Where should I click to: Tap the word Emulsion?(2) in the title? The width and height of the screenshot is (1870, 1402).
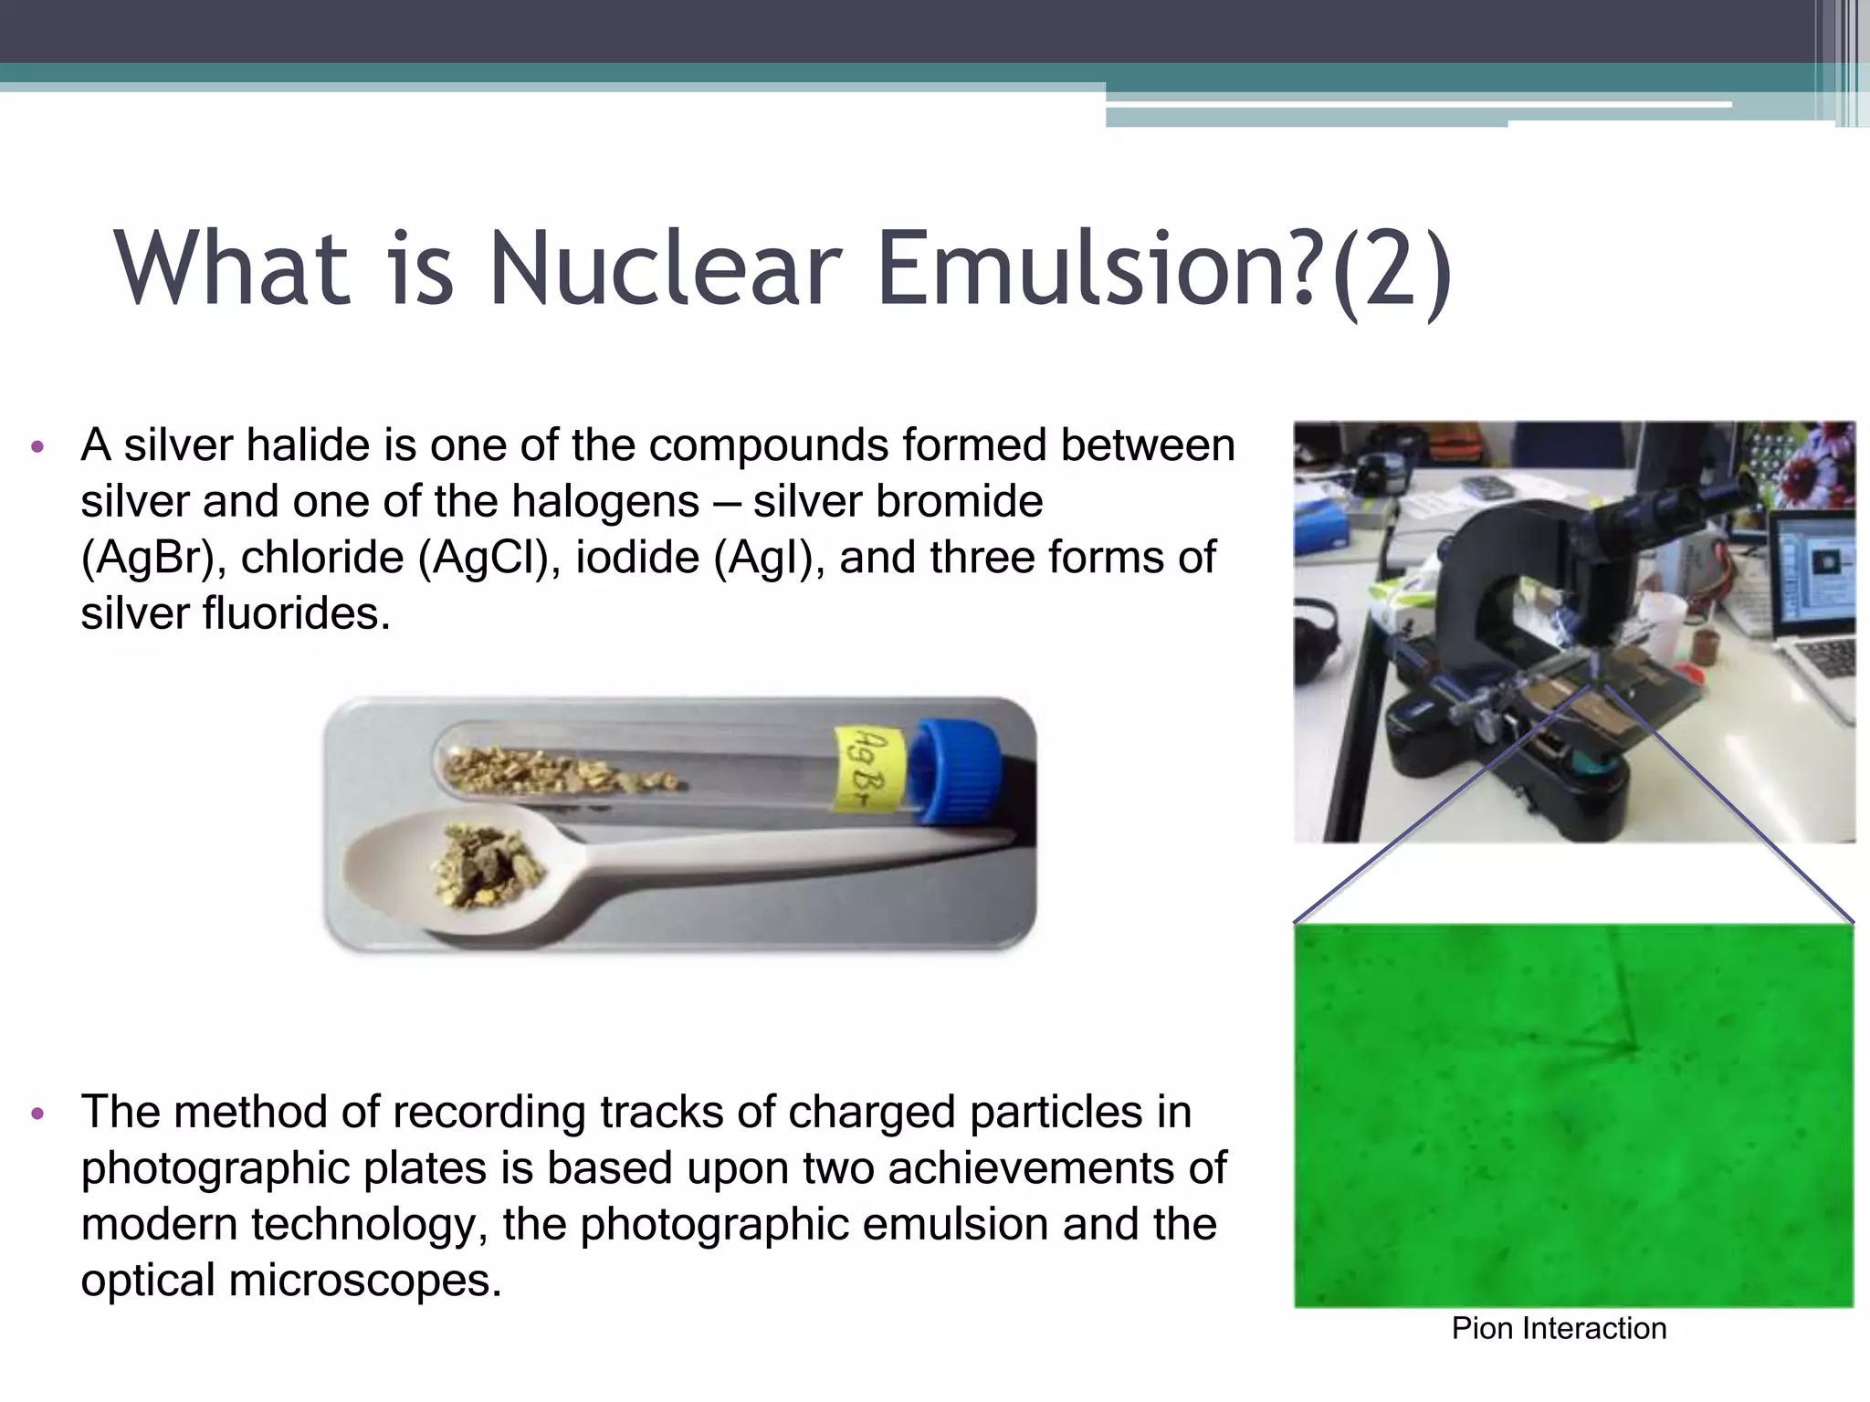coord(1163,269)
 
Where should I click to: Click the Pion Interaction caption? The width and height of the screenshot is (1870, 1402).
coord(1559,1328)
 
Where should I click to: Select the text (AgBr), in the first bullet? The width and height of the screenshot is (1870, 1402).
coord(152,558)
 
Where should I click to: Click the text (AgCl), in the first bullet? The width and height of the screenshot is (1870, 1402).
coord(489,558)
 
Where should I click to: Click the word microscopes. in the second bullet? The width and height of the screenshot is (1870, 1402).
coord(364,1281)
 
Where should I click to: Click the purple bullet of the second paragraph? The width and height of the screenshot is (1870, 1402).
coord(37,1114)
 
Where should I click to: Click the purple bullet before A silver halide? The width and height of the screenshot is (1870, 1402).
coord(37,447)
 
